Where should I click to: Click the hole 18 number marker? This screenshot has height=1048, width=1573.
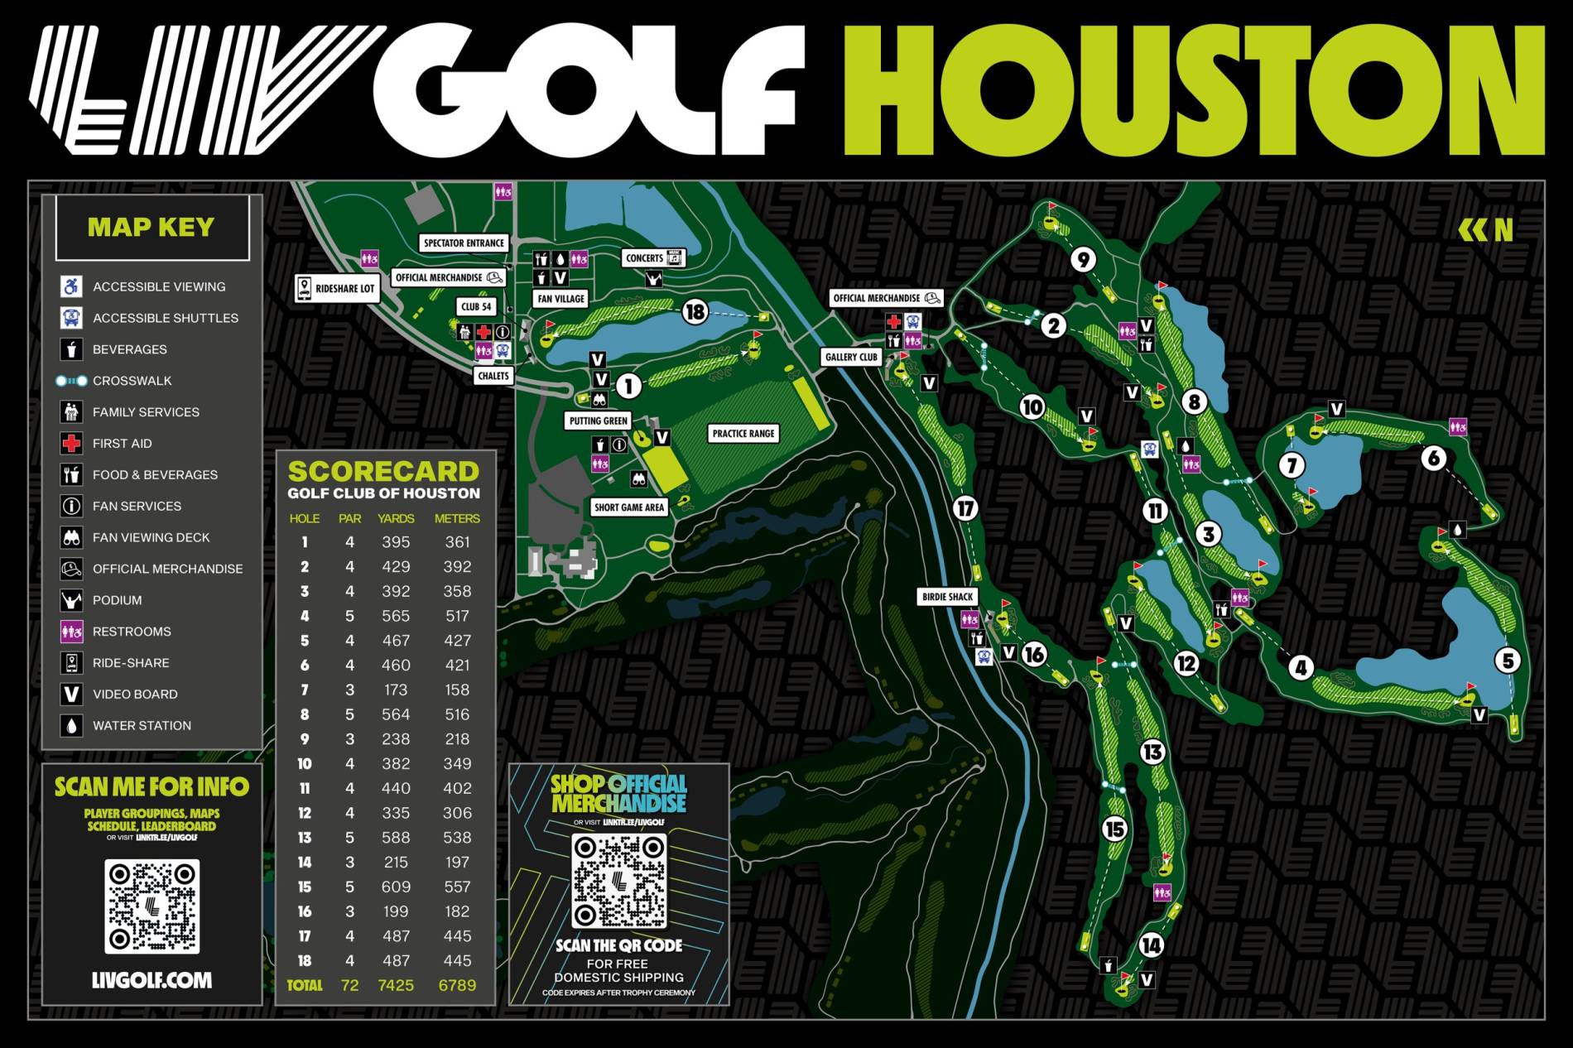click(695, 311)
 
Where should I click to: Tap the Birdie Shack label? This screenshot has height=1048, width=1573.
click(948, 596)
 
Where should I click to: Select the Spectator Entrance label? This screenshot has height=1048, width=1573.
click(463, 243)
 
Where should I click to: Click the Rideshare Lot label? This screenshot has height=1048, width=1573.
click(337, 289)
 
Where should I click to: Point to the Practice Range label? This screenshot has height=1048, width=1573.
click(743, 433)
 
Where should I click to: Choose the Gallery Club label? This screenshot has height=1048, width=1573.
click(851, 357)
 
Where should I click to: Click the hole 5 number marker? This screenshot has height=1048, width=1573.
click(1508, 661)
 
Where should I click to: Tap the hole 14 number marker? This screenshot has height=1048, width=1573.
click(1152, 945)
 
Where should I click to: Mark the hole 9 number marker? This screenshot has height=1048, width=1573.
click(1083, 259)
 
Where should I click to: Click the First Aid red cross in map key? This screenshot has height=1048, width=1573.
click(72, 444)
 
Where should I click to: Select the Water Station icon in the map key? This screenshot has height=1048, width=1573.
click(72, 725)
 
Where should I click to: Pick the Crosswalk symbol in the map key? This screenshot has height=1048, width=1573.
click(71, 381)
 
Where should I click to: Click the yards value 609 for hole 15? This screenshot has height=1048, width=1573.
click(396, 887)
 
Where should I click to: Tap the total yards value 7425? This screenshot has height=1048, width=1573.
click(396, 985)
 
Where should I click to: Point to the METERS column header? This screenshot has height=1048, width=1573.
click(457, 518)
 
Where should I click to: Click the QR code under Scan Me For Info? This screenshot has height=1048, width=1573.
click(152, 906)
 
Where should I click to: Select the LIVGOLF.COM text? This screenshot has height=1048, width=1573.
click(152, 980)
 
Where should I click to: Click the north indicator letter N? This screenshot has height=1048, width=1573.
click(1503, 230)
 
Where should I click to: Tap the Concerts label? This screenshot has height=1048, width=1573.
click(645, 258)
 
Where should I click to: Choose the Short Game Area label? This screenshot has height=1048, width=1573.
click(629, 507)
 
